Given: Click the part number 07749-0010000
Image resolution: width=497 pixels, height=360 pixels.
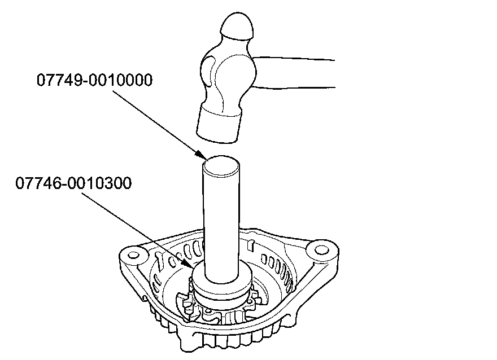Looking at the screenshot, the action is pyautogui.click(x=94, y=80).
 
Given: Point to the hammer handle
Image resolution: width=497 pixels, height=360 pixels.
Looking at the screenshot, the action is pyautogui.click(x=299, y=72).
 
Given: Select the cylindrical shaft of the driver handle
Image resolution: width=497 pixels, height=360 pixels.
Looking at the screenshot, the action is pyautogui.click(x=223, y=220).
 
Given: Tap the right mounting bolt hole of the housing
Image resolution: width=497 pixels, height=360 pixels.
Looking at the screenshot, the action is pyautogui.click(x=320, y=248).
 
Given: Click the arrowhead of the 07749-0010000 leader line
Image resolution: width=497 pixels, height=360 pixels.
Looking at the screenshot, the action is pyautogui.click(x=200, y=155).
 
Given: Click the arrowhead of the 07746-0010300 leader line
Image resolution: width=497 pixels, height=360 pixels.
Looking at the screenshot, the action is pyautogui.click(x=190, y=263).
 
